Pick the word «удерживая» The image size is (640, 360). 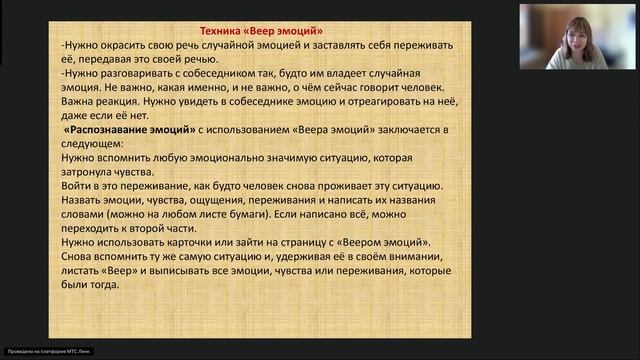click(297, 257)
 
